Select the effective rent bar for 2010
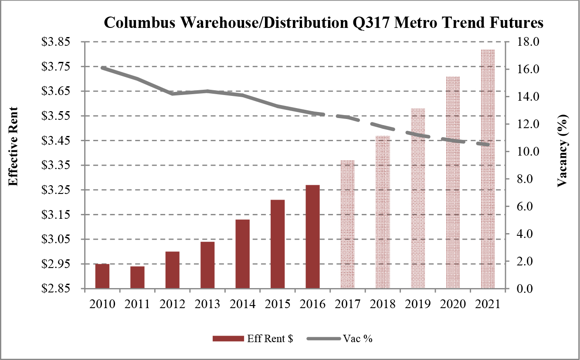pos(102,276)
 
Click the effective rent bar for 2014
pos(242,254)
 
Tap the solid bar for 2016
pos(312,237)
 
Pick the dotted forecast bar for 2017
pos(347,224)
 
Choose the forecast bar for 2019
pos(417,198)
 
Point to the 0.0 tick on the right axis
pos(528,289)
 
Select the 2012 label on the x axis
pos(172,304)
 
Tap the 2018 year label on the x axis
pos(382,304)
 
